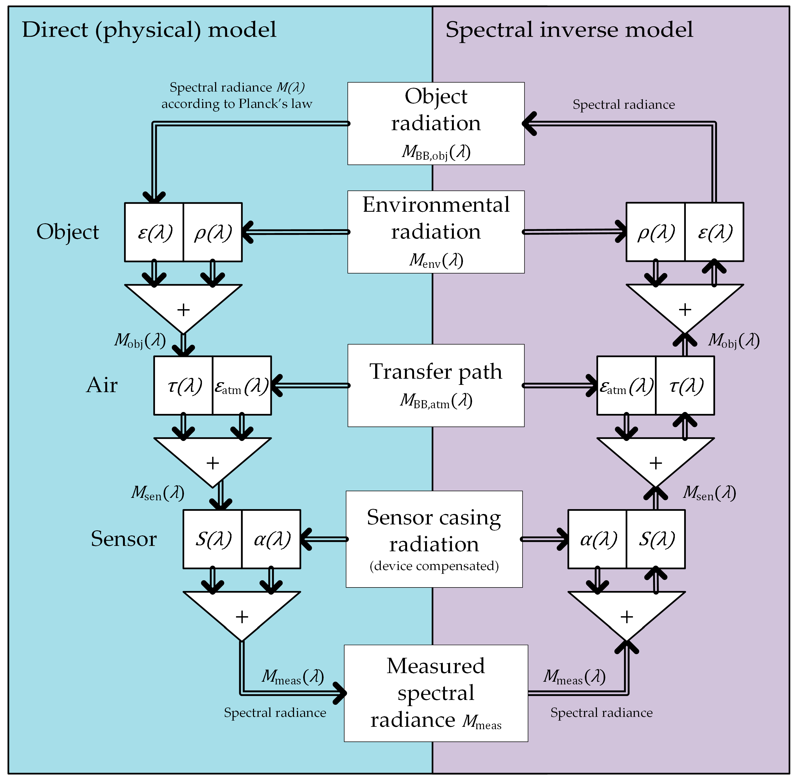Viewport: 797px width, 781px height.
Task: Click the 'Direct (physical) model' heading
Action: click(149, 30)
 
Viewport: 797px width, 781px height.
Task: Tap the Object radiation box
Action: click(436, 123)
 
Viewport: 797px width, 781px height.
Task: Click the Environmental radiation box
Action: click(436, 232)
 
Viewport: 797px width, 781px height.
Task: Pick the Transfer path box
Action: click(436, 385)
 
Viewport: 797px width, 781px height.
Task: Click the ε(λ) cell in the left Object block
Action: click(154, 232)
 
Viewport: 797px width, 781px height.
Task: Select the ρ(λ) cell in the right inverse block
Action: click(655, 232)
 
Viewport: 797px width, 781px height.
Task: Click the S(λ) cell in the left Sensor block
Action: click(213, 539)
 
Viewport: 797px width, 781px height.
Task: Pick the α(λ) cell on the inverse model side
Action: click(597, 539)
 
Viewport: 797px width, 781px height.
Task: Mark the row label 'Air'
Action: click(102, 385)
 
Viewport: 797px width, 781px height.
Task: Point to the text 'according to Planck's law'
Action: click(237, 104)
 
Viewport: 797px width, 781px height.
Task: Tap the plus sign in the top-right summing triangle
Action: click(684, 310)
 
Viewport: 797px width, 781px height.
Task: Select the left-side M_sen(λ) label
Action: click(158, 493)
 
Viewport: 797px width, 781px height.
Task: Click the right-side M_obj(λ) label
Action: click(733, 341)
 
